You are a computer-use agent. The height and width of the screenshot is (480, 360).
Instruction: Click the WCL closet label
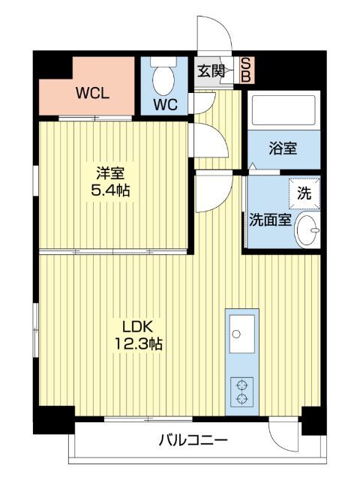click(x=93, y=94)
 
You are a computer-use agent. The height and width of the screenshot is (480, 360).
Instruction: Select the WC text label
click(x=166, y=104)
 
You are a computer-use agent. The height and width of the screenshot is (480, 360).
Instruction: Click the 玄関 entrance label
click(x=211, y=71)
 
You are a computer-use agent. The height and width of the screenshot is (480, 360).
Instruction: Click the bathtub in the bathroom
click(x=283, y=112)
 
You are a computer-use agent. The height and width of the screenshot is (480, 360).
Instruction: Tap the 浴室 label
click(x=283, y=148)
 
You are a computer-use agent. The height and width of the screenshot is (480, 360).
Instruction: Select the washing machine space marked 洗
click(x=304, y=192)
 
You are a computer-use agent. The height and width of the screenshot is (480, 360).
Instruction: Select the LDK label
click(x=137, y=326)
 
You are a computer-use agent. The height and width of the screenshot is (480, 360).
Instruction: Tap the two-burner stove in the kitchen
click(x=242, y=391)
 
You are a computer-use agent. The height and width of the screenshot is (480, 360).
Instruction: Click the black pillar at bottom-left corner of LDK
click(x=55, y=420)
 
